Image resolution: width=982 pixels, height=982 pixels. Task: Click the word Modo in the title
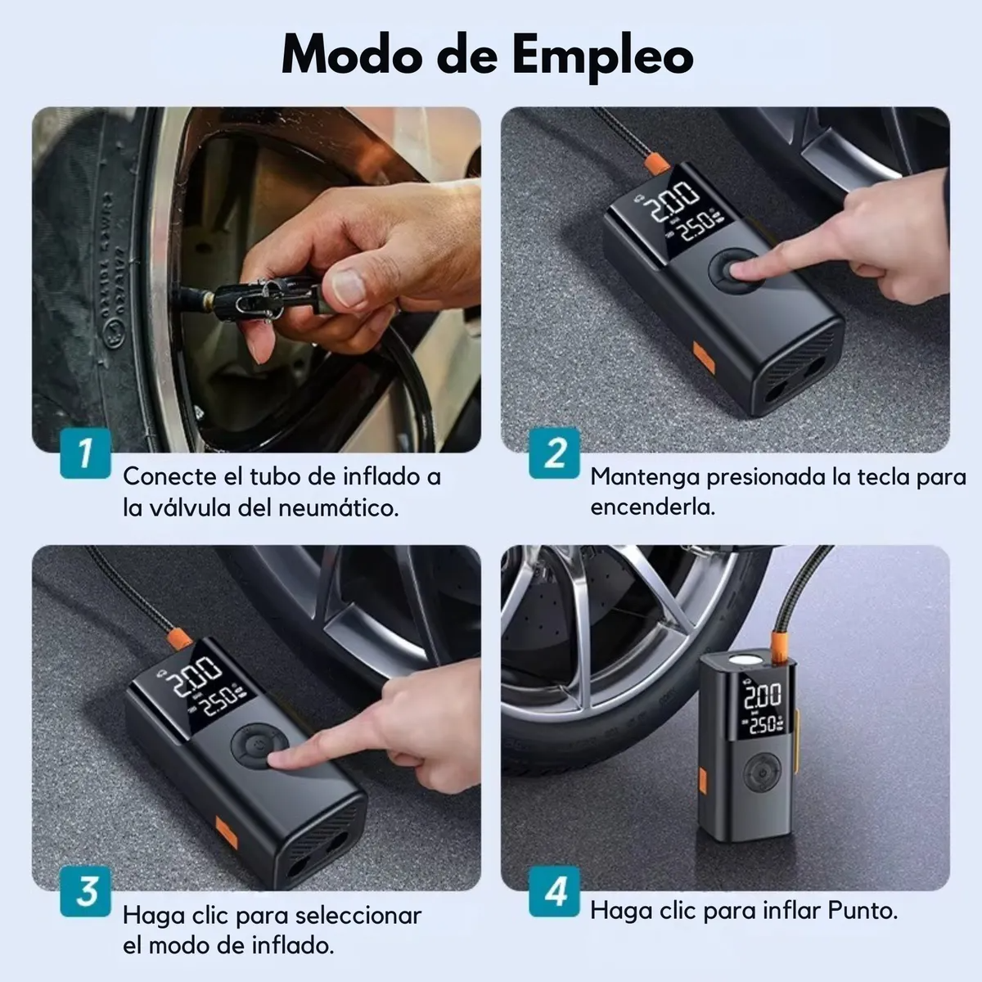[354, 54]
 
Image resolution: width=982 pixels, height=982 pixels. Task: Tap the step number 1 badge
[85, 453]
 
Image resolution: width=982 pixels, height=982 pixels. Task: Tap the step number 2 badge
[554, 453]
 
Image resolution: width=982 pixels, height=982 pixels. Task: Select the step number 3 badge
[85, 891]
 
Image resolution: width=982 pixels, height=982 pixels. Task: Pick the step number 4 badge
[554, 891]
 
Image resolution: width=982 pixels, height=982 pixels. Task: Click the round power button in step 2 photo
[736, 271]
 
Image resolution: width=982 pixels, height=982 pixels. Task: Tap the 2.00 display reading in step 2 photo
[671, 200]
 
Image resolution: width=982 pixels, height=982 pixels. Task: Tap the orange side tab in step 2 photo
[703, 358]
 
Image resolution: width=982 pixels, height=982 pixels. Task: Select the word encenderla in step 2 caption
[652, 507]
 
